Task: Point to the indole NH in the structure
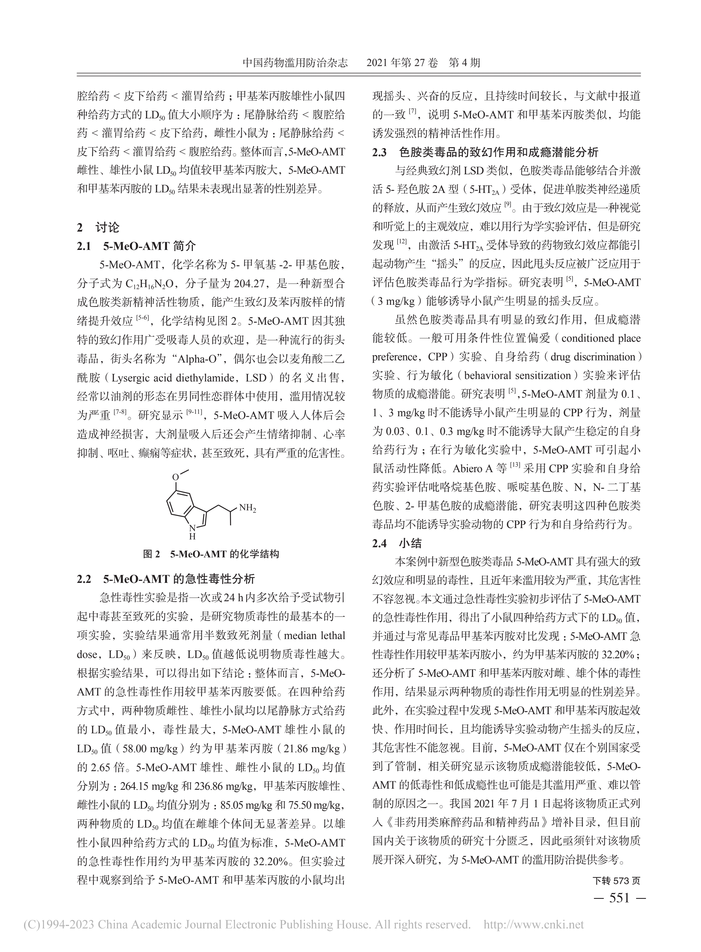(x=192, y=531)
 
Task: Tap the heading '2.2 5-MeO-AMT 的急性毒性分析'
(x=166, y=579)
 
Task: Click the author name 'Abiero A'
(x=473, y=469)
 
